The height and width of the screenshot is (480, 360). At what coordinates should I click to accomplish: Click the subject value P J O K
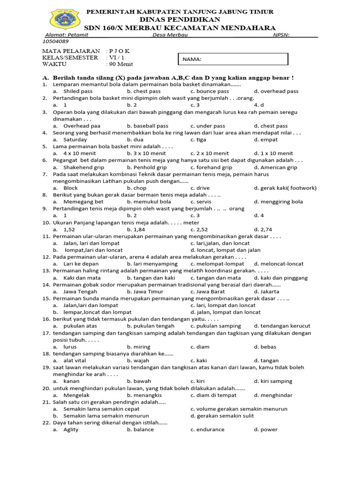pos(120,51)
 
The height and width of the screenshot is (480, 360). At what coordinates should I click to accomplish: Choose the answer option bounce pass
pos(210,91)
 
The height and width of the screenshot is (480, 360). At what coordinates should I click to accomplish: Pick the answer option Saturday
pos(75,140)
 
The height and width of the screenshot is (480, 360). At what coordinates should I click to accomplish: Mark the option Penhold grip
pos(147,167)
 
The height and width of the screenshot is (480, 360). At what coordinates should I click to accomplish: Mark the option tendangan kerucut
pos(282,326)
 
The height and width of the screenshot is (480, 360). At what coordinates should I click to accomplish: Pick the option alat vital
pos(76,360)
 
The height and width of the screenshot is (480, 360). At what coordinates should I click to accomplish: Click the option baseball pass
pos(147,126)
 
